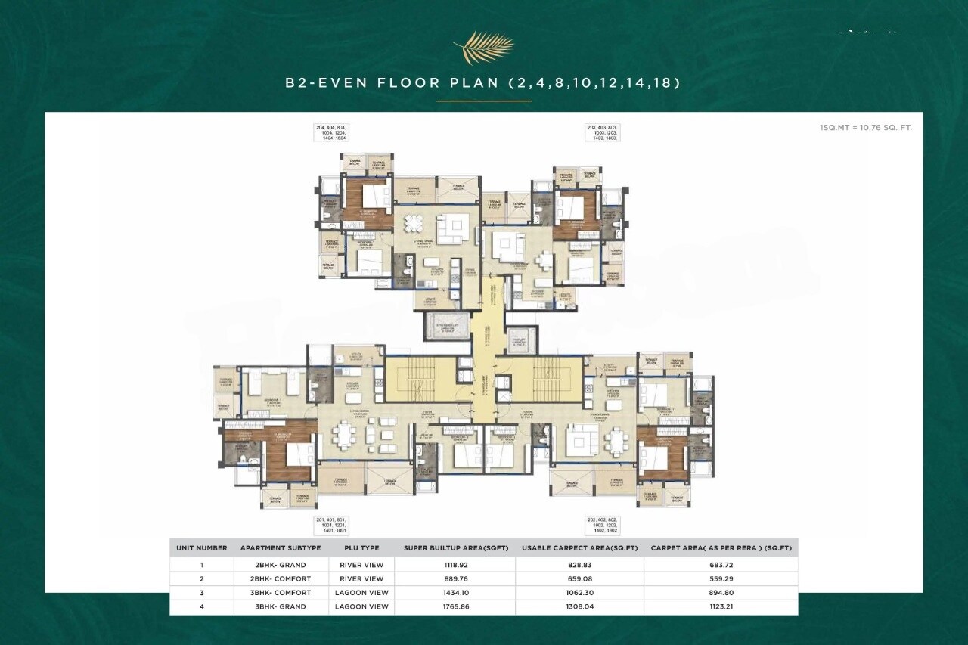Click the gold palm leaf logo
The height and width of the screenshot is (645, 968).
(x=483, y=47)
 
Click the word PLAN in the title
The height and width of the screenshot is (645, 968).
(x=473, y=83)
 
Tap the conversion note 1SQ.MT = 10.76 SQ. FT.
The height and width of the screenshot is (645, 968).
(x=866, y=128)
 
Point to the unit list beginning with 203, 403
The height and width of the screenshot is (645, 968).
(x=603, y=133)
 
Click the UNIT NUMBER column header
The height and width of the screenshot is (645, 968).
(x=202, y=548)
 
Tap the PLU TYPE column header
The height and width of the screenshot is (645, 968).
(x=361, y=548)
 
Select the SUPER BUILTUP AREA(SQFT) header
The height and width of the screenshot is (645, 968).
(x=454, y=548)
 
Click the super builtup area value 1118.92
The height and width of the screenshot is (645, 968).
(x=454, y=565)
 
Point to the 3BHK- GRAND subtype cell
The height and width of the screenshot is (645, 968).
(x=280, y=606)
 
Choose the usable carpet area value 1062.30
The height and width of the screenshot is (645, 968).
(x=579, y=593)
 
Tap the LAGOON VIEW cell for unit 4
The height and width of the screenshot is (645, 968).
(x=361, y=606)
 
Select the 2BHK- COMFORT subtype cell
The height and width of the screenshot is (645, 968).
(x=280, y=579)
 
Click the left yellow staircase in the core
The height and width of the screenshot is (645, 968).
(x=420, y=379)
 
